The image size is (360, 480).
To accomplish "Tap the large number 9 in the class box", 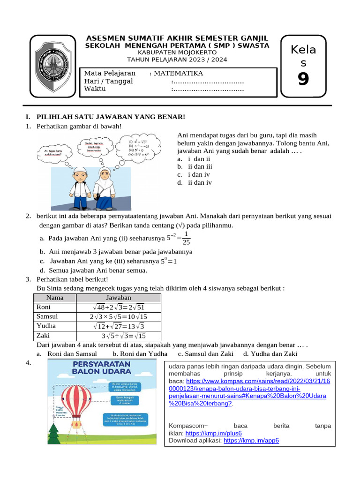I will click(x=303, y=79).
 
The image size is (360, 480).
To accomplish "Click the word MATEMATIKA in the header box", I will click(x=179, y=73).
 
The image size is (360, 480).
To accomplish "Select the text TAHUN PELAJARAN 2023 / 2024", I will click(x=177, y=60).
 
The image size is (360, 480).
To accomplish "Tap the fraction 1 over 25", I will click(x=186, y=238).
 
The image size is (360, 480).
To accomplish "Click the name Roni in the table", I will click(x=44, y=307).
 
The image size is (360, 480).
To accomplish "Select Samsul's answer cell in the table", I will click(x=119, y=316).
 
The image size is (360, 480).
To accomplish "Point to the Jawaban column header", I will click(x=119, y=298).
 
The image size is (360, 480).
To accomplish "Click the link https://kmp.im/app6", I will click(x=251, y=441).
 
